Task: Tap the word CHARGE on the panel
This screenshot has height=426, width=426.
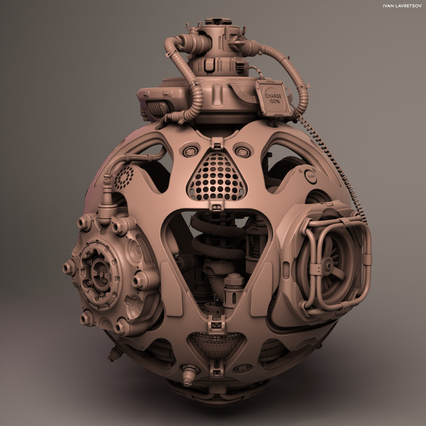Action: tap(273, 96)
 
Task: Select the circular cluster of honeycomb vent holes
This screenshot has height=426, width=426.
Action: tap(125, 176)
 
